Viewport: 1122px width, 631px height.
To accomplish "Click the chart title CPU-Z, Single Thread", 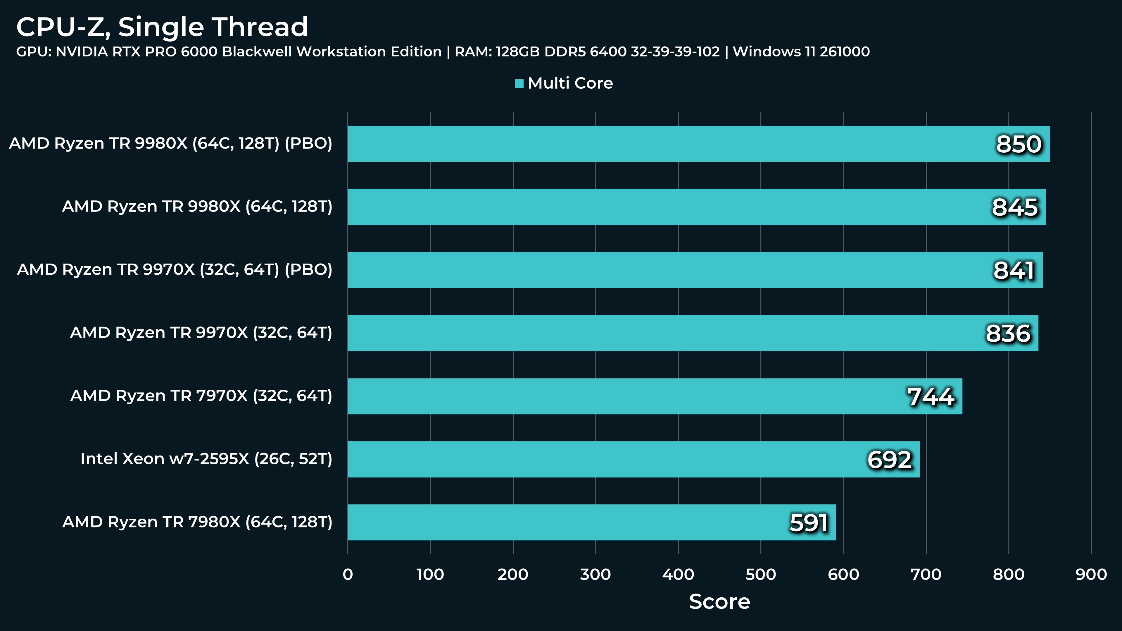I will click(162, 27).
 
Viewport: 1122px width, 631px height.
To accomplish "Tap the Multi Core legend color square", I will click(519, 84).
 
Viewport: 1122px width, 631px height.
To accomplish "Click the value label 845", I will click(1015, 207).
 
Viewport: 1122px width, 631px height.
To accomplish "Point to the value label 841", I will click(1014, 270).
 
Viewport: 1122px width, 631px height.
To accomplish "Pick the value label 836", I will click(1008, 333).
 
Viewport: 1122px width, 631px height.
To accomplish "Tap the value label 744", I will click(931, 397).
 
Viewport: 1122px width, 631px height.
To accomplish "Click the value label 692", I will click(889, 460).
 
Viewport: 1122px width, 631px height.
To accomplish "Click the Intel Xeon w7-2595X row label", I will click(206, 459).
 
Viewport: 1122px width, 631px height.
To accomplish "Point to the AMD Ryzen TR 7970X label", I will click(201, 396).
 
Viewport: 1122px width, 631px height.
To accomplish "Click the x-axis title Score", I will click(719, 602).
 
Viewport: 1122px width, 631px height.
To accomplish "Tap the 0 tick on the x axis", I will click(348, 574).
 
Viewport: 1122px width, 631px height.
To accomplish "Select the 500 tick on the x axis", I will click(760, 574).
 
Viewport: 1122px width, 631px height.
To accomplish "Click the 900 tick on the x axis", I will click(1091, 574).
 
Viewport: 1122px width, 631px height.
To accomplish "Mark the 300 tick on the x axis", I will click(595, 574).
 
